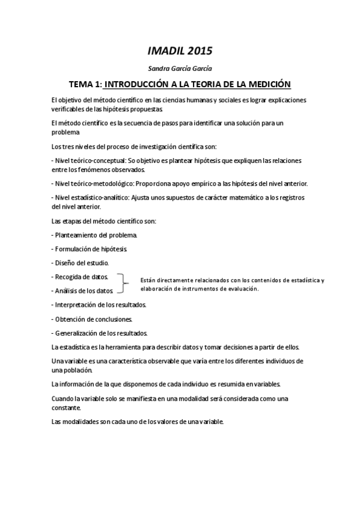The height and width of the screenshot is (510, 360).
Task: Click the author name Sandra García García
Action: pos(180,69)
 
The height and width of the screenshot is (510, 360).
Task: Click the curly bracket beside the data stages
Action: pos(125,284)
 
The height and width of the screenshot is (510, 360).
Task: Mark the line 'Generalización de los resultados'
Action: pos(102,333)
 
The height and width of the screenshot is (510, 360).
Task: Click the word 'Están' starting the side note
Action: pos(147,280)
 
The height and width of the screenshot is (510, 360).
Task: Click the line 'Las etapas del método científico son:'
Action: pos(104,221)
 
